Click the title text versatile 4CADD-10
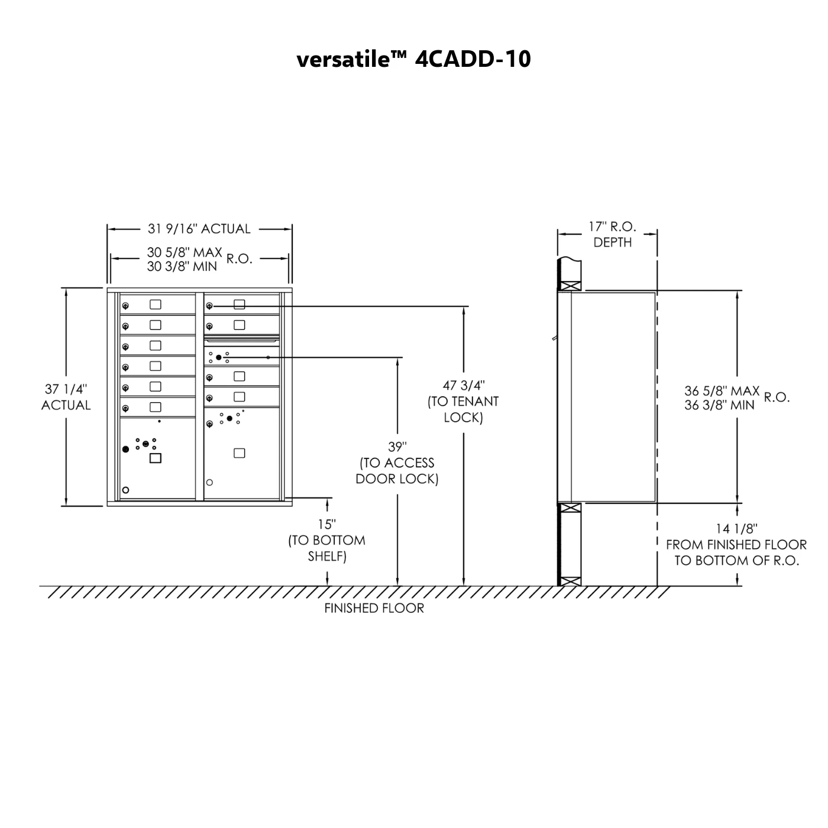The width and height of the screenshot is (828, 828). tap(413, 59)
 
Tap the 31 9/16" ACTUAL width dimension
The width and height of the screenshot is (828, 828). tap(199, 229)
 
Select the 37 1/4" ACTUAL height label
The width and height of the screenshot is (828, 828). tap(66, 397)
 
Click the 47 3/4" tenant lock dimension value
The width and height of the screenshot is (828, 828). tap(463, 385)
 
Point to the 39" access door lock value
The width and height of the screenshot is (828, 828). tap(397, 447)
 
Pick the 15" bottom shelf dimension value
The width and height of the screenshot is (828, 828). tap(327, 525)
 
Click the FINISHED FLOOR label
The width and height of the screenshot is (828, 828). tap(374, 608)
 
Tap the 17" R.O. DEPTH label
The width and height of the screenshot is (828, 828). tap(613, 234)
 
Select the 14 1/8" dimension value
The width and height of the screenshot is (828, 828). tap(736, 529)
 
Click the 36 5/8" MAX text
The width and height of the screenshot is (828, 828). tap(722, 391)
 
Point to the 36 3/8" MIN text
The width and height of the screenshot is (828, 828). tap(720, 405)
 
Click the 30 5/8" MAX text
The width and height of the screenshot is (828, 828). tap(185, 253)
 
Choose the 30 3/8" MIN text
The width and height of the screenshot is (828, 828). tap(182, 267)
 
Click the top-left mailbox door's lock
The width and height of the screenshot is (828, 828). tap(125, 306)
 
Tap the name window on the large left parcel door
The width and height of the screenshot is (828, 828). tap(156, 458)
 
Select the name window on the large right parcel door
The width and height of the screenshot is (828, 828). tap(239, 453)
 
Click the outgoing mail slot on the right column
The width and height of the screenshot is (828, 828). tap(241, 340)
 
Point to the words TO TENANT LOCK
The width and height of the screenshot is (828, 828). tap(463, 409)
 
